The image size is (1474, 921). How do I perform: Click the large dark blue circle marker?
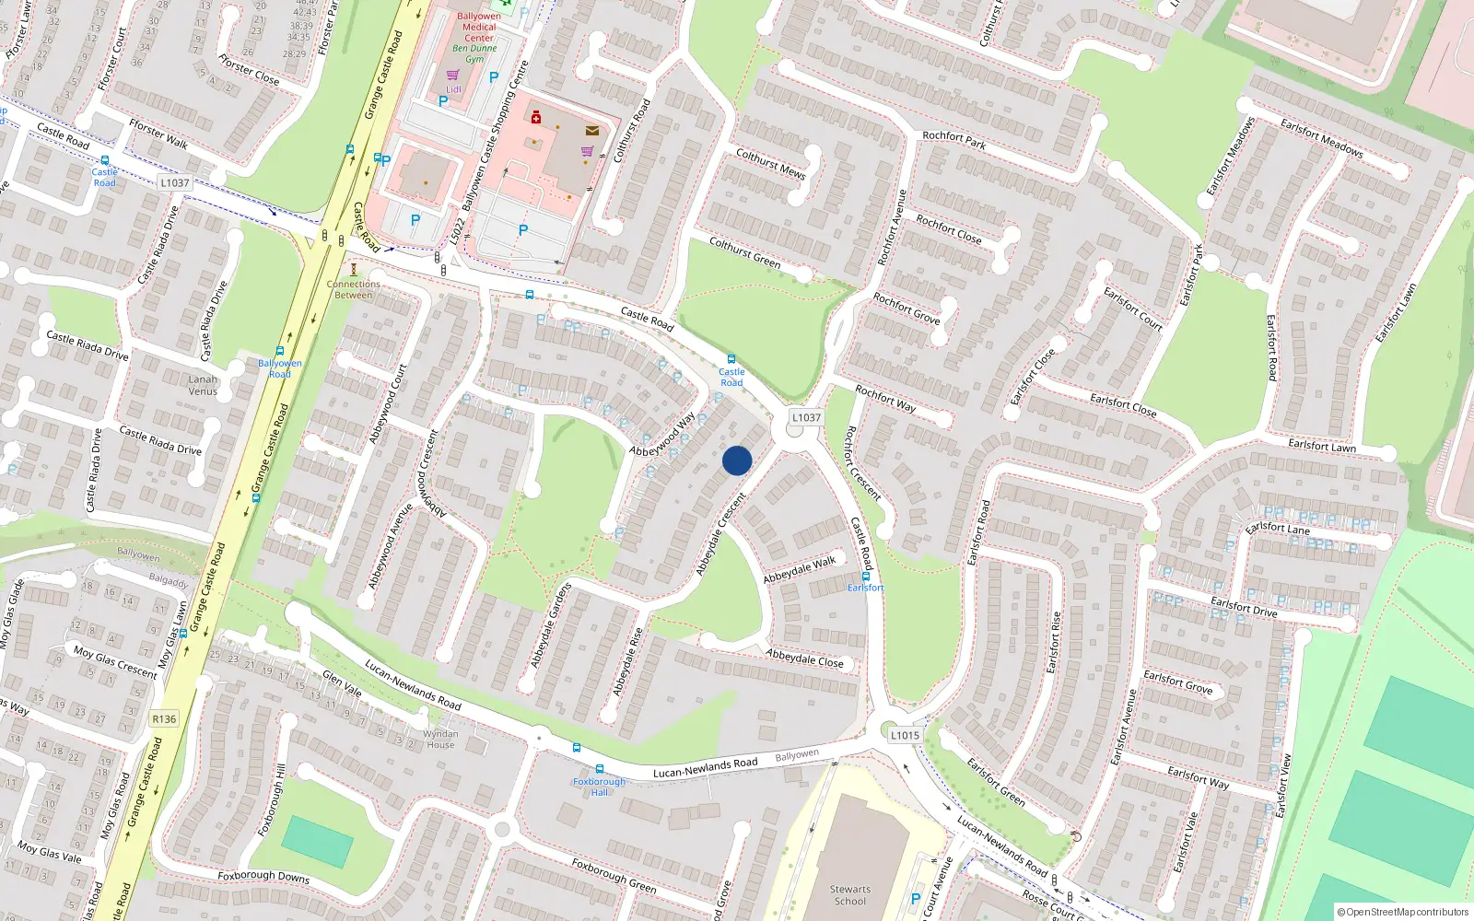[x=737, y=460]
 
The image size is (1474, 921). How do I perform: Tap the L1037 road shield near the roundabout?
[x=806, y=417]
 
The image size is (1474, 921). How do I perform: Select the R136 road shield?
[x=164, y=718]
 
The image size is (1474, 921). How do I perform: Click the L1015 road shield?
[x=905, y=735]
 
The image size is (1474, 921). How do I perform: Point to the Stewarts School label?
[x=849, y=895]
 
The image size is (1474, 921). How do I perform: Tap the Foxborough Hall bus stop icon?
[x=600, y=769]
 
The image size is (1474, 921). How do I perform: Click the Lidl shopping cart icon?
[x=452, y=76]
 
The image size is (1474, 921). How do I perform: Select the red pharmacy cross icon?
[x=535, y=117]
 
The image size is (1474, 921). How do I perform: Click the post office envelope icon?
[x=592, y=131]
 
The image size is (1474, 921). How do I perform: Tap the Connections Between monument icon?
[x=353, y=269]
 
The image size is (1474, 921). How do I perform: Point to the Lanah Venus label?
[x=203, y=385]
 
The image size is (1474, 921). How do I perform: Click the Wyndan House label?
[x=440, y=740]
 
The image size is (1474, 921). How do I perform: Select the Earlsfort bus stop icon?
[x=865, y=577]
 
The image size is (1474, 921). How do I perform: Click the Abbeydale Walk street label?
[x=800, y=569]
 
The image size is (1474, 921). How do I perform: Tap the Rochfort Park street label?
[x=953, y=141]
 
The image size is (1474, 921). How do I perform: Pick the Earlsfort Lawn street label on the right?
[x=1321, y=446]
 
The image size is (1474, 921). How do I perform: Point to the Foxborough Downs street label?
[x=263, y=876]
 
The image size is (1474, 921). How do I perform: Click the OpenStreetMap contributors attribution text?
[x=1402, y=912]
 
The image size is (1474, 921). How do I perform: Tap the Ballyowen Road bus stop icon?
[x=279, y=351]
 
